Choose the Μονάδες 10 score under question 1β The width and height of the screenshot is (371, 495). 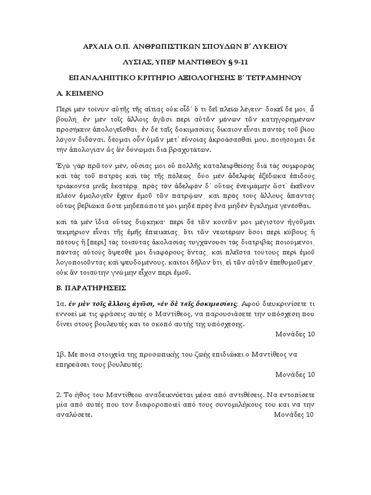pos(295,374)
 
